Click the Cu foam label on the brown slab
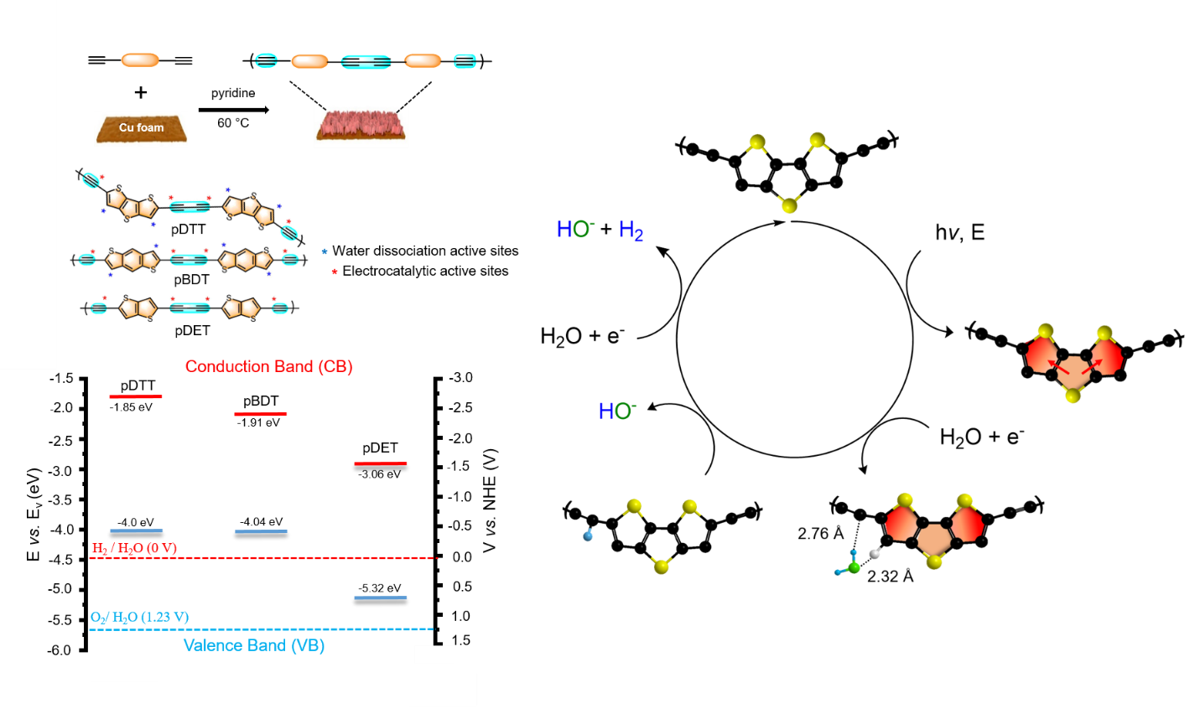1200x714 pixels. click(141, 127)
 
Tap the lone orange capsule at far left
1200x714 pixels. click(140, 60)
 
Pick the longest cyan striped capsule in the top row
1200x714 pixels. click(366, 62)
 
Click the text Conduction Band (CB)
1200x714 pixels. click(268, 366)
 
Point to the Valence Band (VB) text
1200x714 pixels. click(254, 645)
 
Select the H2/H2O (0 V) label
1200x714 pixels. click(134, 548)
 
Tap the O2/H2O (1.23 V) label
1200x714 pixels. click(139, 617)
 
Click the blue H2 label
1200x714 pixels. click(631, 230)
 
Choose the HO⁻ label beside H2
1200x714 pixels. click(575, 230)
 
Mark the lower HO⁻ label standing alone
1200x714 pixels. click(617, 411)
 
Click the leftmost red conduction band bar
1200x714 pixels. click(136, 396)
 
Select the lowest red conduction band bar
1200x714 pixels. click(381, 463)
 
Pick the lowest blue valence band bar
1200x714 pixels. click(381, 598)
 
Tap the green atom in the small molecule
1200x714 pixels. click(855, 567)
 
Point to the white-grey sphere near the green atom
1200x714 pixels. click(875, 553)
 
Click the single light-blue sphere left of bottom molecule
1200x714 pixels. click(588, 535)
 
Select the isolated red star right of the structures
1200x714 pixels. click(335, 272)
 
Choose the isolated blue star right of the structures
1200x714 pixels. click(325, 251)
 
